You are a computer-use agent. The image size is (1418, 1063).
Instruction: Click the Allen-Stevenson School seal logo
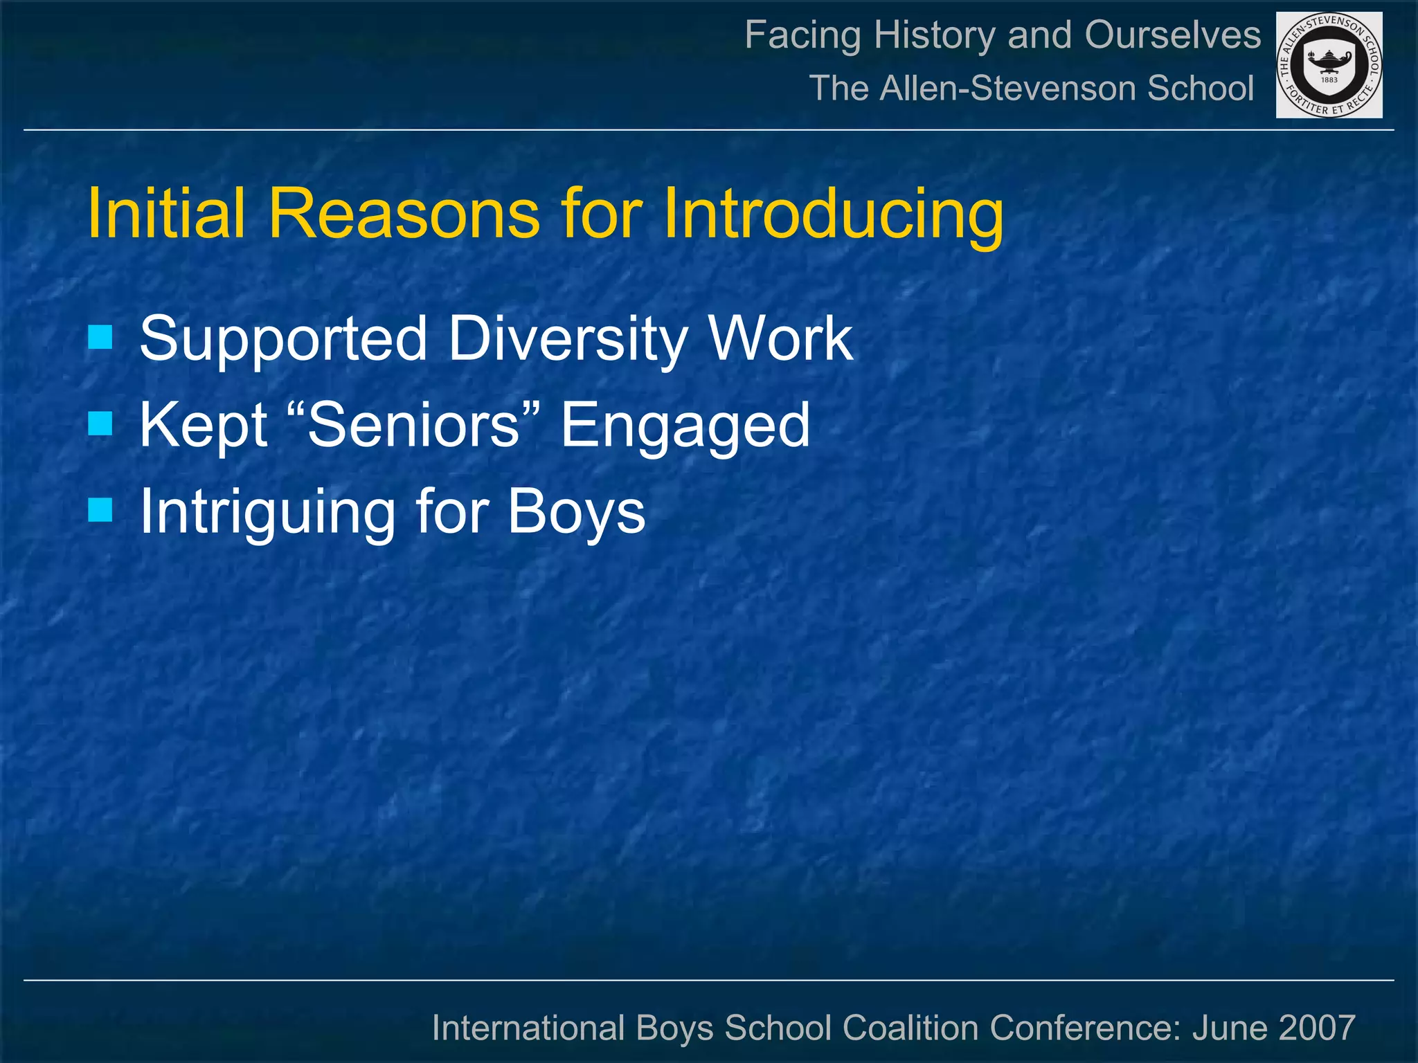(1329, 65)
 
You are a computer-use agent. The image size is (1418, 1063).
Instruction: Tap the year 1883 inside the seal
(1329, 80)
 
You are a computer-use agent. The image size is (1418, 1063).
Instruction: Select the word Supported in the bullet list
(283, 339)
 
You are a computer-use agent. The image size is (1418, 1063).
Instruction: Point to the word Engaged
(685, 426)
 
